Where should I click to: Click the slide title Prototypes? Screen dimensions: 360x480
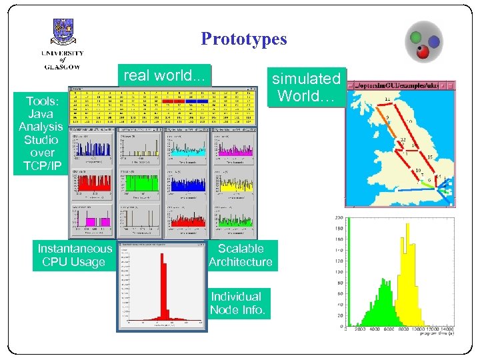243,39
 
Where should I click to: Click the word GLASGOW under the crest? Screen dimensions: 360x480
63,66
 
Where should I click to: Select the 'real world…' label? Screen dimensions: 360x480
163,75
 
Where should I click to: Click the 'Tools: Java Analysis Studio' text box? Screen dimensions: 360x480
41,133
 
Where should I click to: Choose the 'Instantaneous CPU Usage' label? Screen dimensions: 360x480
74,255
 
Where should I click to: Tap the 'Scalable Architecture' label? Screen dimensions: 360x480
240,255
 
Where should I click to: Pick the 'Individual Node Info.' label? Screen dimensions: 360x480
237,303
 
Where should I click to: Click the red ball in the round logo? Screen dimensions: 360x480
421,50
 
